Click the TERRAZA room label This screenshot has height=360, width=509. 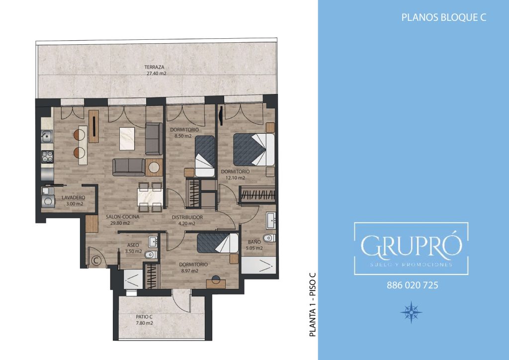click(154, 67)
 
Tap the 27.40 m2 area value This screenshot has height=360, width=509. click(156, 74)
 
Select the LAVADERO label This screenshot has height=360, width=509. click(74, 197)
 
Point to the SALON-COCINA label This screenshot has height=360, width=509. click(122, 216)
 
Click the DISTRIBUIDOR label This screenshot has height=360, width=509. click(187, 217)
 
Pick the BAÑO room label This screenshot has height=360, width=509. click(254, 242)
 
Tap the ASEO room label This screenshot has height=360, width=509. click(133, 245)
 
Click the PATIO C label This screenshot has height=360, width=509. click(144, 317)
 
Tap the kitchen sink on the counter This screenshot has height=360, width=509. click(47, 136)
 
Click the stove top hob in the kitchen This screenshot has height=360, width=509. click(47, 157)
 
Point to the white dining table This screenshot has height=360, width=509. click(150, 197)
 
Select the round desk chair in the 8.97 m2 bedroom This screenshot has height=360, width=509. click(216, 279)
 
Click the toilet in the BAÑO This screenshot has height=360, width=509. click(269, 239)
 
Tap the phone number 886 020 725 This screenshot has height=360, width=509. click(412, 285)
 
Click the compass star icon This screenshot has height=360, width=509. click(411, 312)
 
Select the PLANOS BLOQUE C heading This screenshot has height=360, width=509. click(444, 17)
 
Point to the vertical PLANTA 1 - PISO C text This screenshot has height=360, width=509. click(313, 304)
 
